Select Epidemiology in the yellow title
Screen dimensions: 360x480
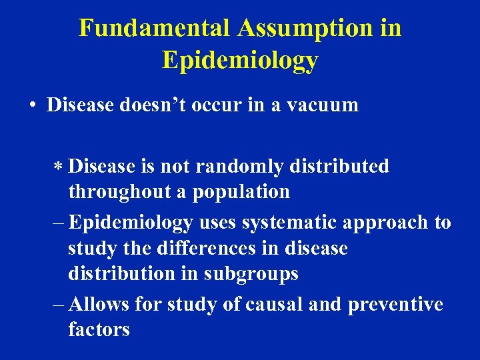[x=240, y=61]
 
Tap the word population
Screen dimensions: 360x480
[x=241, y=192]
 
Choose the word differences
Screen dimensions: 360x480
[x=207, y=248]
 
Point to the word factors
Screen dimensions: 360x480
[x=99, y=329]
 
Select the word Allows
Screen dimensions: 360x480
[x=99, y=305]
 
